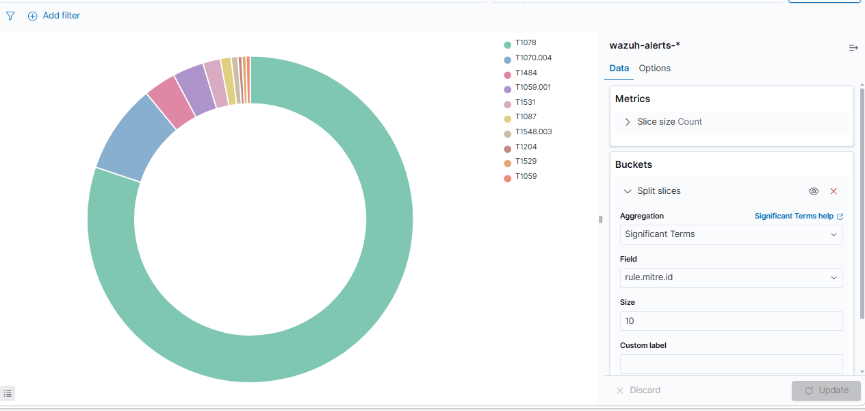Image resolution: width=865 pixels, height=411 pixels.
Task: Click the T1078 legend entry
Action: [x=520, y=43]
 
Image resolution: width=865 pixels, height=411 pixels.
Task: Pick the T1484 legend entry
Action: [x=521, y=73]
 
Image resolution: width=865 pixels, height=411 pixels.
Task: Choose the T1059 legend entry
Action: [x=521, y=177]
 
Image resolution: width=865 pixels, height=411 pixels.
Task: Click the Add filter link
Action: [x=54, y=16]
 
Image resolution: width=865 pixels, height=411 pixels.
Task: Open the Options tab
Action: [x=654, y=68]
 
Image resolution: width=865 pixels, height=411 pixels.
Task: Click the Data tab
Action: [x=619, y=68]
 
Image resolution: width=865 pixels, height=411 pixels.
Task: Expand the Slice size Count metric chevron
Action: [x=628, y=122]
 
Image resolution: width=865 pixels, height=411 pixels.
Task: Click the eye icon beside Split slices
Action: [x=814, y=191]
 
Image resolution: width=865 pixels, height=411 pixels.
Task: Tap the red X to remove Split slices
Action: [x=834, y=191]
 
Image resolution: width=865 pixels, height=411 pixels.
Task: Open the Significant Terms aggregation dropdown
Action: [x=731, y=235]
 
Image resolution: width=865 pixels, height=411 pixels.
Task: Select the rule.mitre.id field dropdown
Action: [x=731, y=277]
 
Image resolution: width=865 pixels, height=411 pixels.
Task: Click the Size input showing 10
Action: [x=731, y=321]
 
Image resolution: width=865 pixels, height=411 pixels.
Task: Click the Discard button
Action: [x=638, y=390]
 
